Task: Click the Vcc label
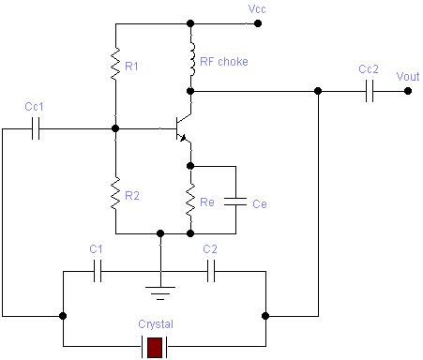click(257, 8)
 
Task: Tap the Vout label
click(408, 76)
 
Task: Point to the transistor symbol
click(180, 129)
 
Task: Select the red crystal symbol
click(155, 347)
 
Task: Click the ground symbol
click(161, 290)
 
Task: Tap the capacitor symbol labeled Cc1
click(35, 129)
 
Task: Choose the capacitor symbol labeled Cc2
click(369, 91)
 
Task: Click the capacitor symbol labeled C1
click(98, 272)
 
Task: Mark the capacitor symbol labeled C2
click(212, 272)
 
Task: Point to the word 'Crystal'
click(155, 323)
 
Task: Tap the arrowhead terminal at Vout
click(407, 91)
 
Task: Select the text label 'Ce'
click(260, 203)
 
